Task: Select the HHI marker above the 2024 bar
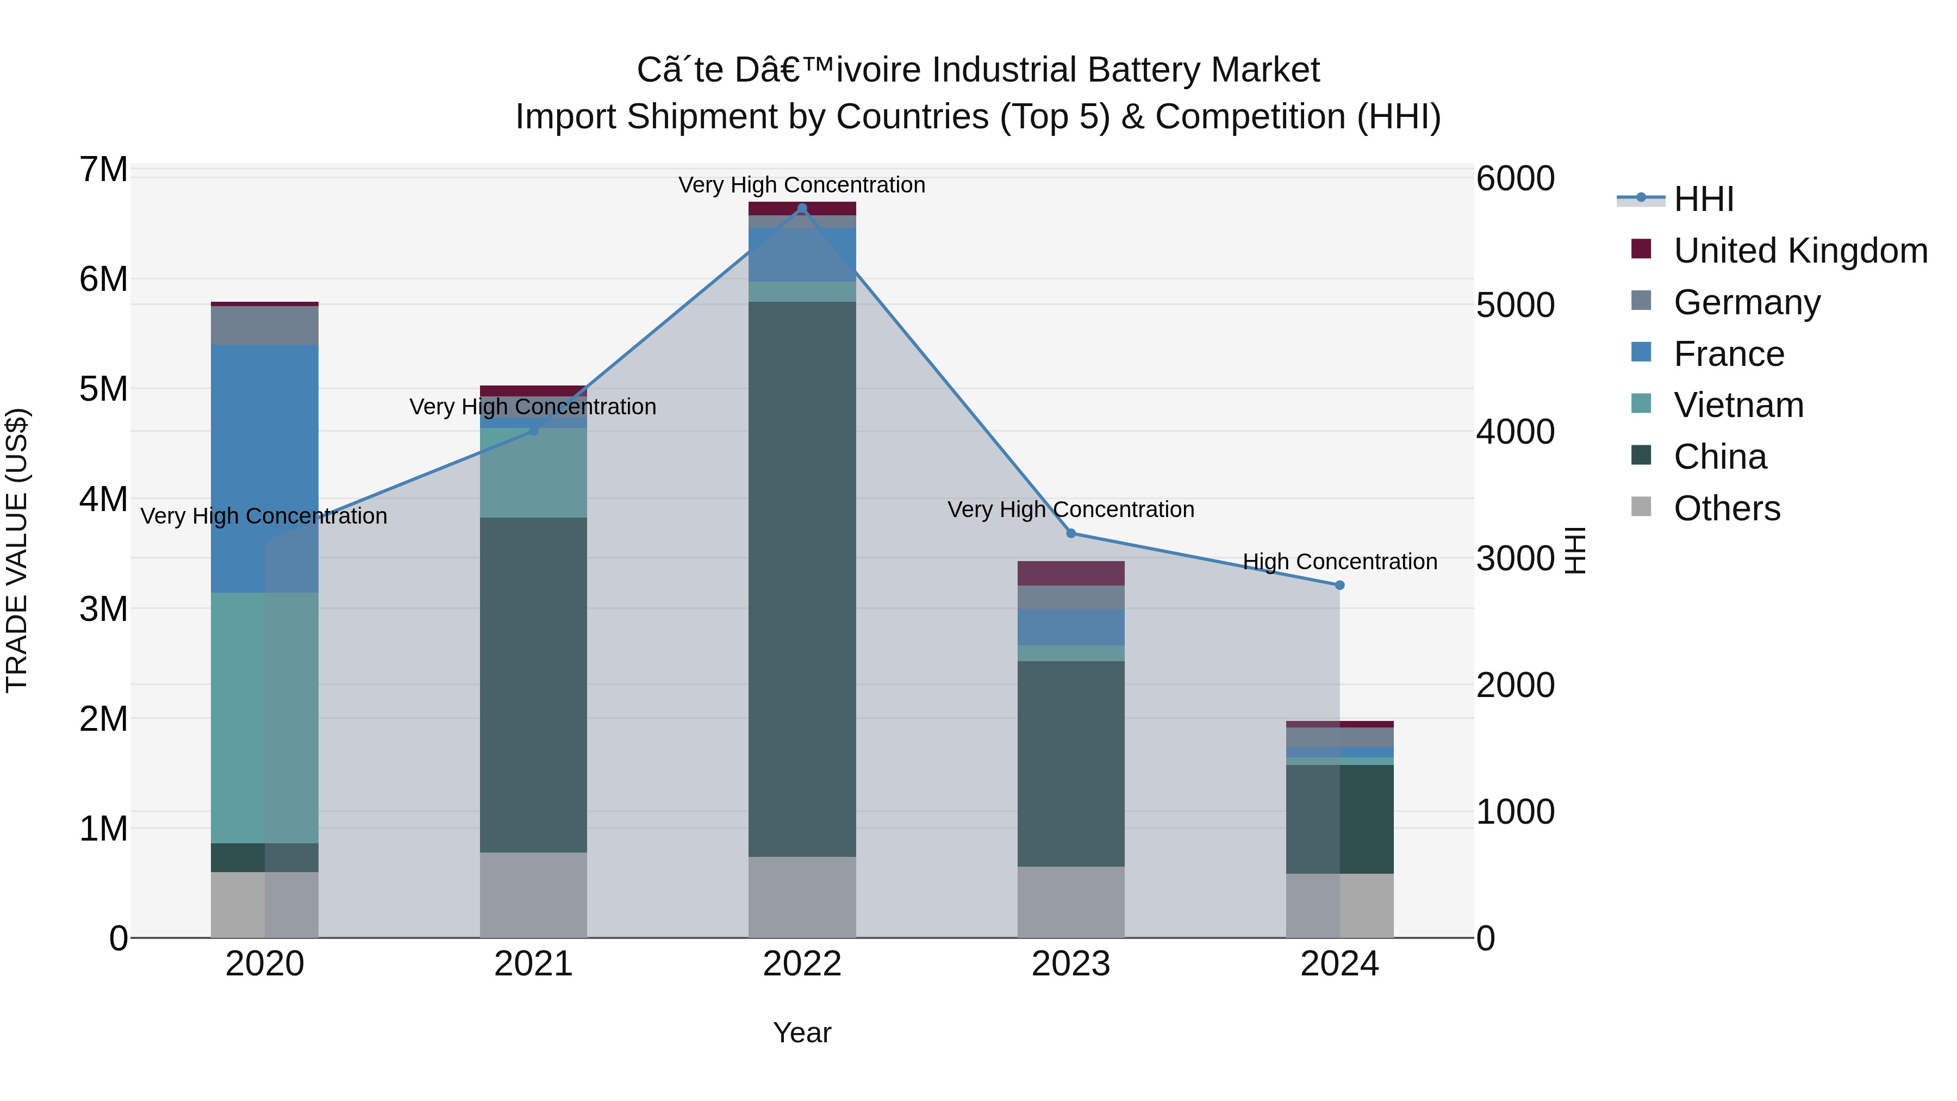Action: click(x=1339, y=585)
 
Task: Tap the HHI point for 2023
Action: click(x=1070, y=533)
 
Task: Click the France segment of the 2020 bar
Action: click(x=264, y=468)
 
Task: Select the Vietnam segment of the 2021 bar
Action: click(x=533, y=472)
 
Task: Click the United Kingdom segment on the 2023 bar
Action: click(x=1070, y=573)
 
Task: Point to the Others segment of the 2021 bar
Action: click(x=533, y=894)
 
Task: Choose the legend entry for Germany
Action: click(x=1747, y=302)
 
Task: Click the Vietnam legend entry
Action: click(x=1738, y=405)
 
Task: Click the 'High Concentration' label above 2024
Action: click(x=1339, y=562)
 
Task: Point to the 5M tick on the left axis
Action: click(x=103, y=389)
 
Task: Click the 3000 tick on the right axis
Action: click(x=1515, y=558)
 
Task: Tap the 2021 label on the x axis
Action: click(x=533, y=964)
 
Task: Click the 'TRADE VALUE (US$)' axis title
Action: click(x=17, y=550)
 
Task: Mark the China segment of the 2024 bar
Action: click(x=1339, y=819)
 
